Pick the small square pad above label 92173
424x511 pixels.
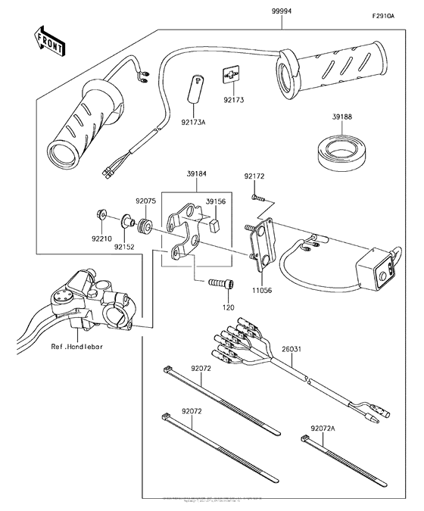click(x=233, y=76)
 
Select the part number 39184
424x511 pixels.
click(x=196, y=173)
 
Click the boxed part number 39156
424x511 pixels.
click(x=216, y=202)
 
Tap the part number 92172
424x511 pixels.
click(x=254, y=177)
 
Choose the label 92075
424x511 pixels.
click(x=146, y=202)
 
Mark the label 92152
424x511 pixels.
click(x=126, y=246)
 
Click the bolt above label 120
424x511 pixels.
click(x=218, y=285)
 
